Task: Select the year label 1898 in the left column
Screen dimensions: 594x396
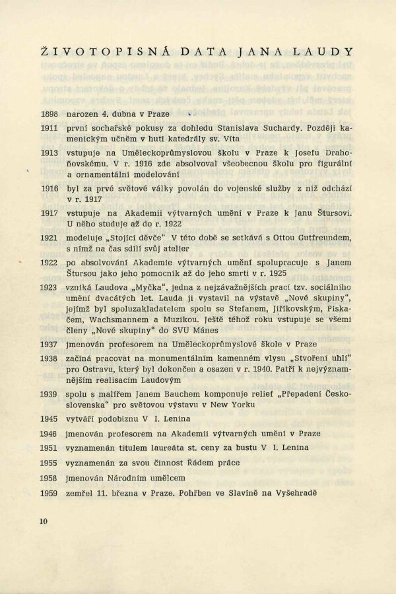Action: (49, 114)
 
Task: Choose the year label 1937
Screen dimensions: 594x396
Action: (49, 345)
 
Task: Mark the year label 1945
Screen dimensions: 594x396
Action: (49, 418)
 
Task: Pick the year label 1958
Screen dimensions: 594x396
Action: (49, 478)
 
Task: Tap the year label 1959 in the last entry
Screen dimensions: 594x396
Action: (49, 493)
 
